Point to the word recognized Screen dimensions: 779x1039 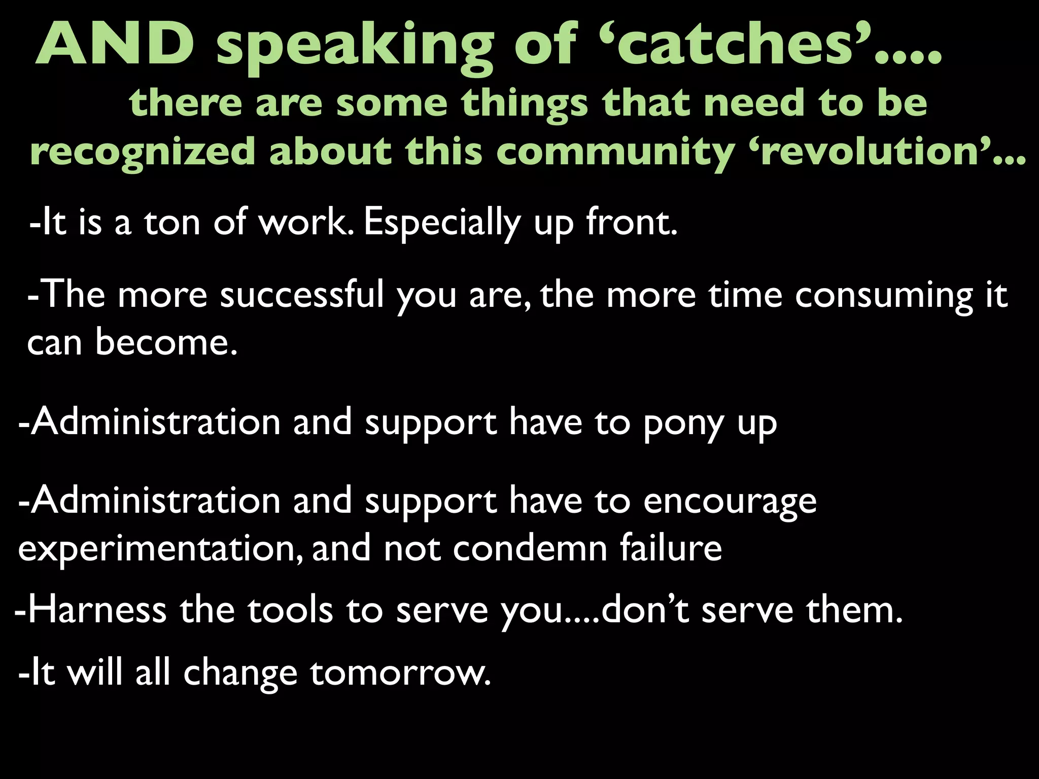click(142, 152)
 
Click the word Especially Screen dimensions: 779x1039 click(442, 223)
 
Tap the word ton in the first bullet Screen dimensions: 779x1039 click(172, 223)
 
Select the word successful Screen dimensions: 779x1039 click(302, 295)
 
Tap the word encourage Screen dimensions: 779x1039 click(730, 501)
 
